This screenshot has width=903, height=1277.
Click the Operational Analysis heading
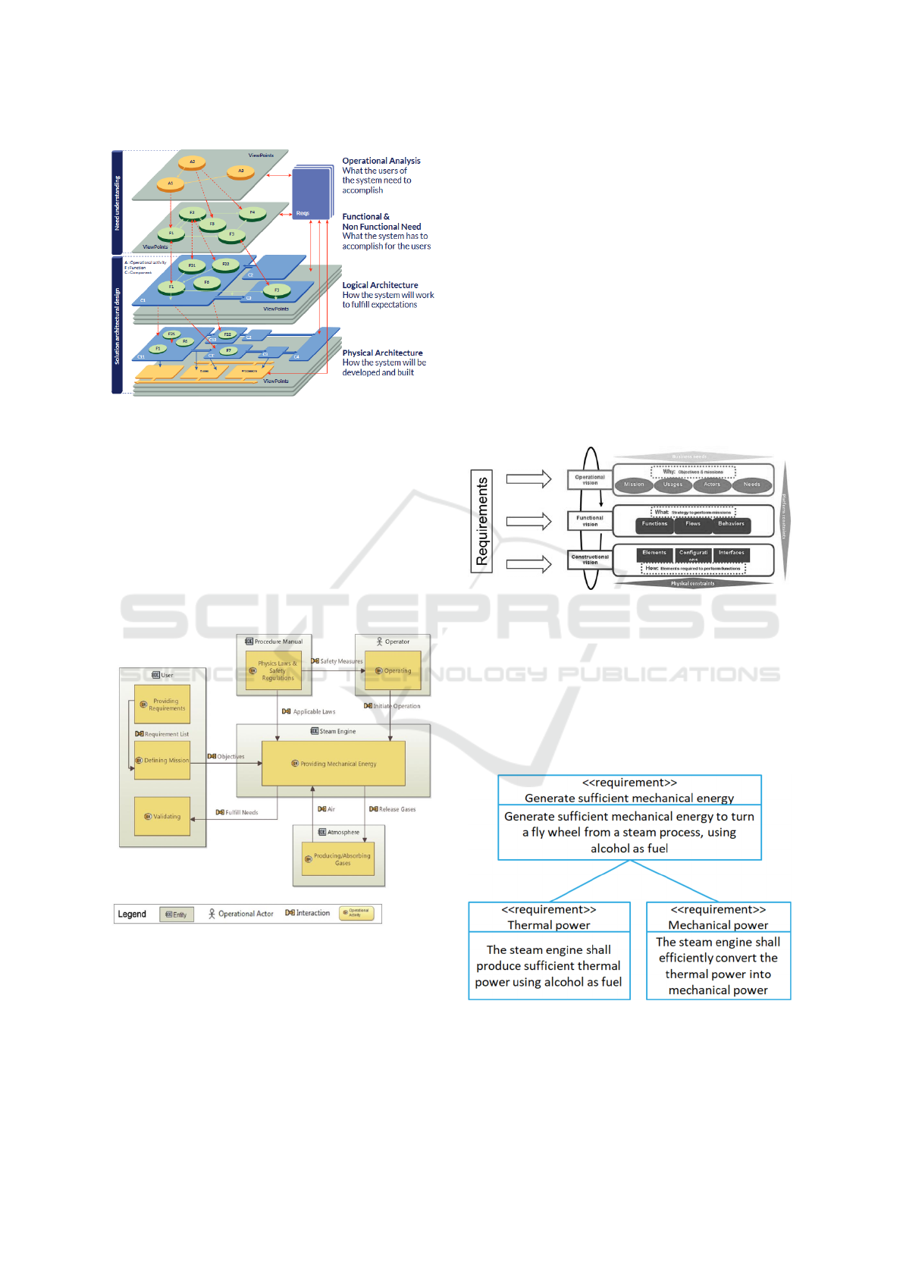[x=381, y=161]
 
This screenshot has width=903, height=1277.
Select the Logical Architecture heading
[x=380, y=285]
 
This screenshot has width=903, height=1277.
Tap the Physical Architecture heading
[x=382, y=353]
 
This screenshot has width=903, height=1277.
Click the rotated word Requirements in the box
[x=481, y=521]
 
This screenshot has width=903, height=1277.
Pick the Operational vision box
[x=589, y=480]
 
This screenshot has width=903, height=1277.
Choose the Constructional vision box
[x=590, y=560]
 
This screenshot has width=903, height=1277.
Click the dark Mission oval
[x=634, y=485]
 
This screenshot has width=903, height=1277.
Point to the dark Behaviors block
[x=731, y=524]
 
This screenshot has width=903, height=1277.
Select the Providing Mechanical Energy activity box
[x=334, y=764]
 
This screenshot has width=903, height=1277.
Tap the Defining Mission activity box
[x=162, y=760]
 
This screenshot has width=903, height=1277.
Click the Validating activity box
[x=162, y=816]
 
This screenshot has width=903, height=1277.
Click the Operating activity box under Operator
[x=393, y=671]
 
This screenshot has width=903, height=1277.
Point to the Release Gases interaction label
[x=393, y=809]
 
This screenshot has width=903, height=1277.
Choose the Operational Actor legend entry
[x=240, y=914]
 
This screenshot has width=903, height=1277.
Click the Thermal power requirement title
[x=549, y=925]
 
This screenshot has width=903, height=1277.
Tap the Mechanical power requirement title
[x=718, y=925]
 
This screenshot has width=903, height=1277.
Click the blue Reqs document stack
[x=312, y=193]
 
